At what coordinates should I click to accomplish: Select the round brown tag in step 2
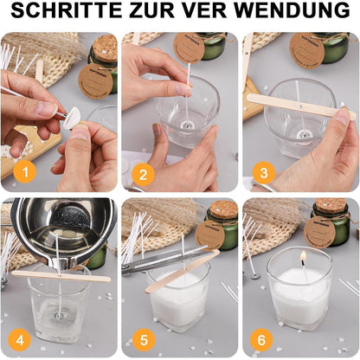click(189, 47)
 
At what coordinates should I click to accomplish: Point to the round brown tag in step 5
click(210, 234)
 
